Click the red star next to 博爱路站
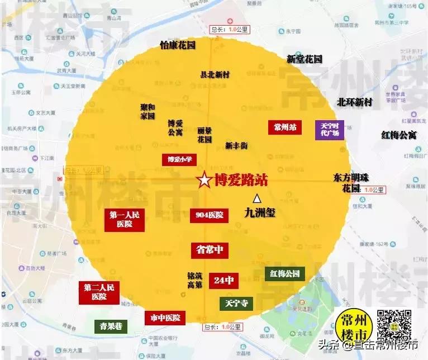[x=205, y=180]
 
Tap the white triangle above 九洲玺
[x=258, y=198]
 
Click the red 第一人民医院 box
[x=125, y=219]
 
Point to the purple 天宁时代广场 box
[x=330, y=130]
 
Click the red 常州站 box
[x=285, y=127]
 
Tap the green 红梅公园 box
[x=285, y=273]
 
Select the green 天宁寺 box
[x=236, y=304]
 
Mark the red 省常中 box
[x=210, y=250]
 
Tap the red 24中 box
[x=223, y=281]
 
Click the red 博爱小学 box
[x=180, y=159]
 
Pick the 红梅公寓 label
[x=399, y=135]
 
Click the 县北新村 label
[x=215, y=74]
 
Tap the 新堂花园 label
[x=305, y=59]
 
